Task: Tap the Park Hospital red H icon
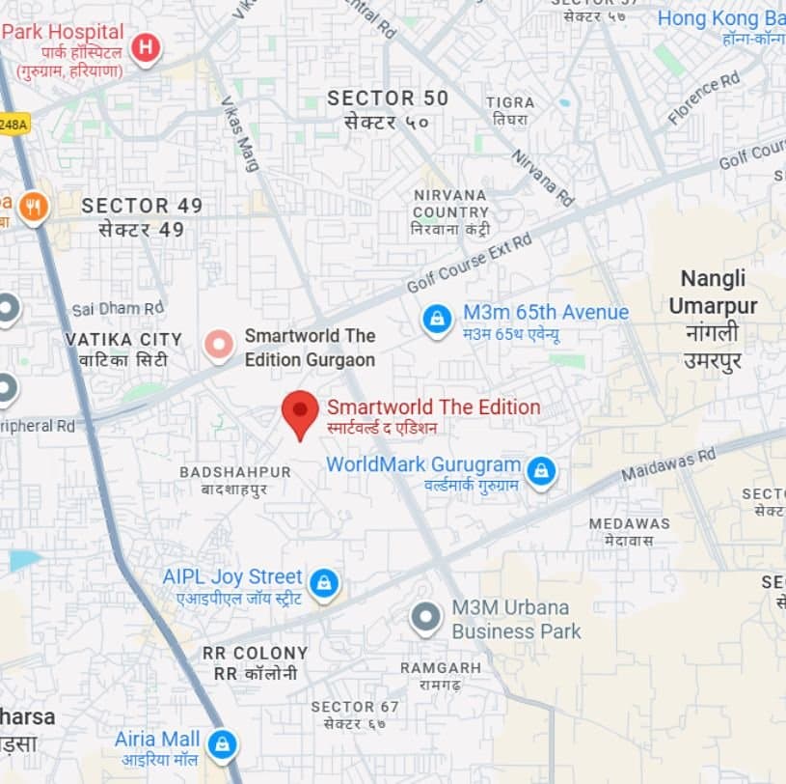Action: (x=146, y=47)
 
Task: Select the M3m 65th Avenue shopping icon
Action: (x=437, y=320)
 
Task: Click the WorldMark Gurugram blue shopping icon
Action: (x=541, y=471)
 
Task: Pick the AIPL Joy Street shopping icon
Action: (x=324, y=583)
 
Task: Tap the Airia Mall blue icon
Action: (x=223, y=744)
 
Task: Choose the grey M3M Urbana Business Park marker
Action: (x=425, y=617)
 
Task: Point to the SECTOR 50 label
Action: (x=388, y=98)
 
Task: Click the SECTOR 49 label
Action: (x=142, y=206)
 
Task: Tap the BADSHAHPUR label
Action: (x=234, y=472)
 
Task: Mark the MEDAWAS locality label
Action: (x=629, y=523)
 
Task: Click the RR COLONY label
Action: (x=255, y=653)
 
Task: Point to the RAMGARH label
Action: (x=441, y=668)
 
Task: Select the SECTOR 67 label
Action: (x=355, y=707)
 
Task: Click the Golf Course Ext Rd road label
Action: (x=470, y=264)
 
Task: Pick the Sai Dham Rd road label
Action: (x=118, y=309)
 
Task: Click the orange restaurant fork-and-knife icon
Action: (x=34, y=207)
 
